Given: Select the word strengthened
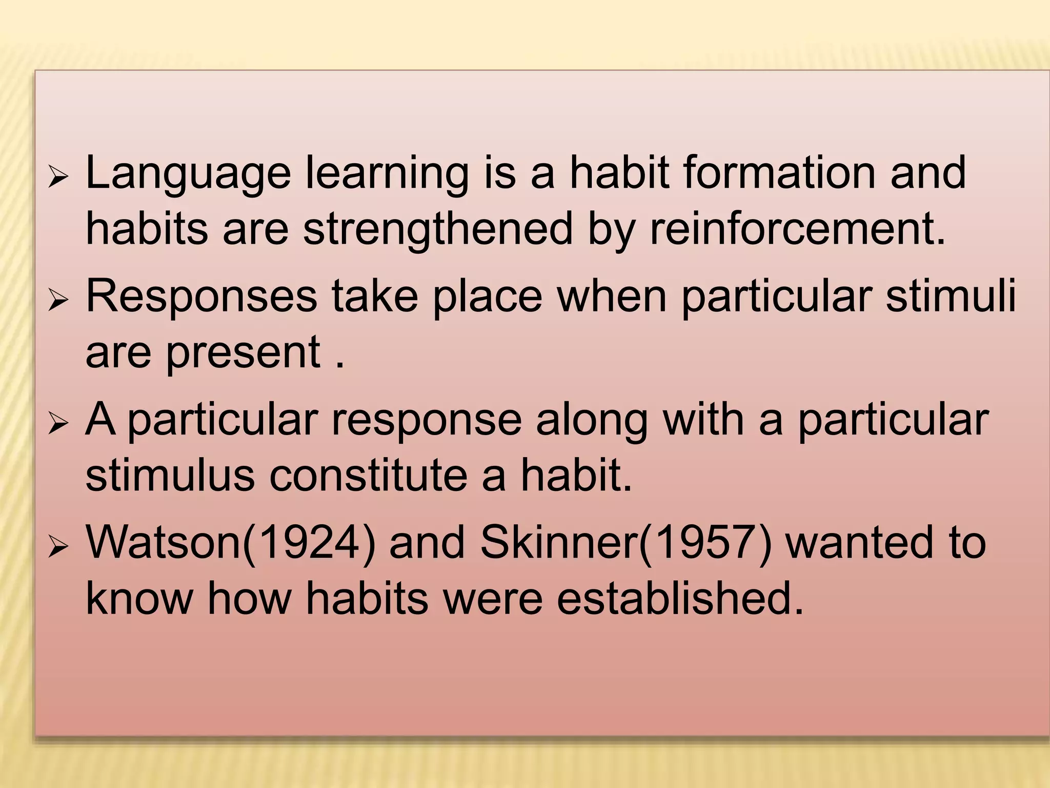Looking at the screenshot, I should (438, 229).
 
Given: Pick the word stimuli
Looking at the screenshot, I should (951, 296).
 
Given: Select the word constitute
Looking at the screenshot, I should (368, 476).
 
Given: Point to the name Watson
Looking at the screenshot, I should (164, 543).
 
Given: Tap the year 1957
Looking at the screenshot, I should (705, 543).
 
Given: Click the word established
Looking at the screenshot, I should (680, 599).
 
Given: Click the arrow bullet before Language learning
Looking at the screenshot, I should (57, 179).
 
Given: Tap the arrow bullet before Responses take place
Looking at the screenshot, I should (57, 301).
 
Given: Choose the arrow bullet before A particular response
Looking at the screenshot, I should (57, 425).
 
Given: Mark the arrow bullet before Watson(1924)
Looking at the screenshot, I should (57, 548).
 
